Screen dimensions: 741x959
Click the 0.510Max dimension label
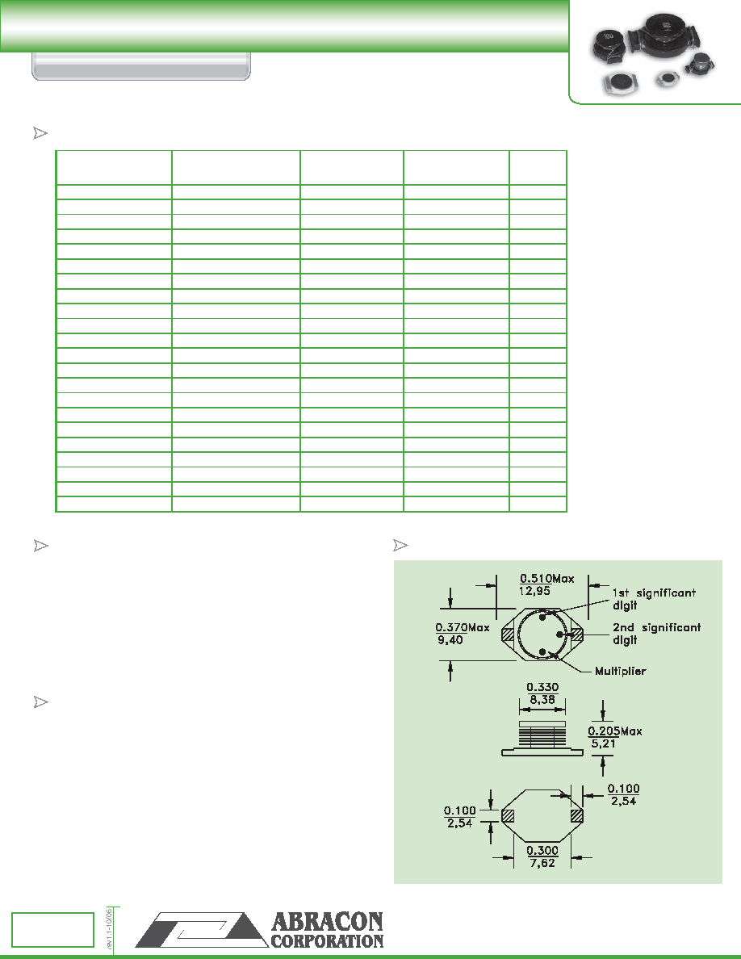547,578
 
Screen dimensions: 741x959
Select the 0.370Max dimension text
463,627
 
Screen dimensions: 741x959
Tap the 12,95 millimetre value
534,591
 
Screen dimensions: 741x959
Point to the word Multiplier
620,671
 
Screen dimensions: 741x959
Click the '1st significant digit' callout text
654,599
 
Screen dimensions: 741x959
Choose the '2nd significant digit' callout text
656,634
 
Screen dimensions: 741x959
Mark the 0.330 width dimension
542,687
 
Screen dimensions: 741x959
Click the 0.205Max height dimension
615,731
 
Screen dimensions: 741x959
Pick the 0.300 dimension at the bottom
542,850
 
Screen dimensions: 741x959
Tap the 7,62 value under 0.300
542,863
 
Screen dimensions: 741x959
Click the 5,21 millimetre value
603,743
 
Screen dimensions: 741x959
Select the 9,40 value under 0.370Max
450,640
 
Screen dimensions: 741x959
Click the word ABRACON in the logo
327,922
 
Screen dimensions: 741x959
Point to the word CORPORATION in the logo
327,941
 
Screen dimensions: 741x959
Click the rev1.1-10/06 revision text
109,928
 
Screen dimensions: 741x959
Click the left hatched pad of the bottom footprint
508,815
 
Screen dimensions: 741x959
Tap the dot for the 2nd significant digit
560,634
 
